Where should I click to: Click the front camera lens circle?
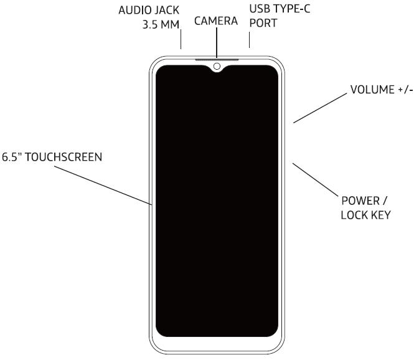click(217, 66)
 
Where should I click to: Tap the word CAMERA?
click(217, 21)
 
